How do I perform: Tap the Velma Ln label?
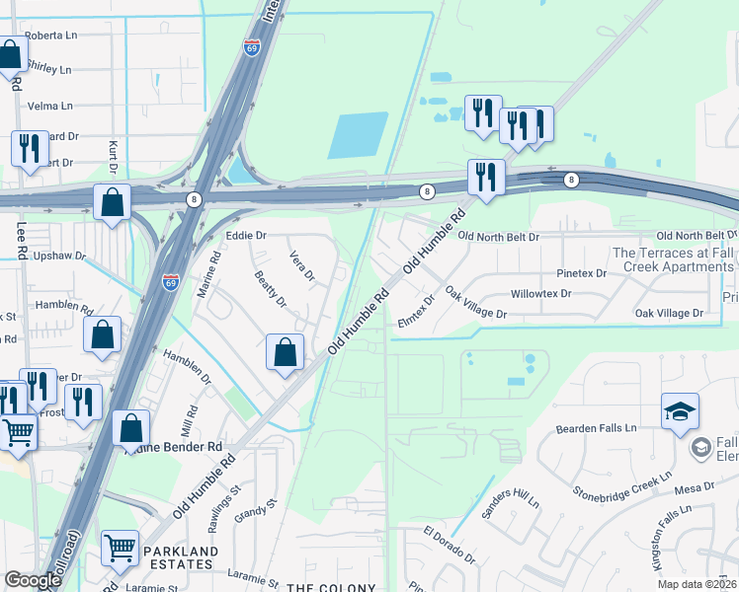(x=52, y=106)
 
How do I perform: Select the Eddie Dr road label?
(x=246, y=236)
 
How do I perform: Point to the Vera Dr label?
(x=301, y=267)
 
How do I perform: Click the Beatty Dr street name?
(x=270, y=288)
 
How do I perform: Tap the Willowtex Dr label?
(x=541, y=294)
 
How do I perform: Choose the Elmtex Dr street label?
(x=416, y=311)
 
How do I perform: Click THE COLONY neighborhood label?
(x=330, y=588)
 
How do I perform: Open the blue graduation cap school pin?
(x=680, y=412)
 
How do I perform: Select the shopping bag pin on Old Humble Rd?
(x=285, y=352)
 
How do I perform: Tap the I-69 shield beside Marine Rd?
(x=171, y=281)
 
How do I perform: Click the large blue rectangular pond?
(x=358, y=135)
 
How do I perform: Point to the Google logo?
(x=34, y=580)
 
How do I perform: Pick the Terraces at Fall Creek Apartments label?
(x=675, y=259)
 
